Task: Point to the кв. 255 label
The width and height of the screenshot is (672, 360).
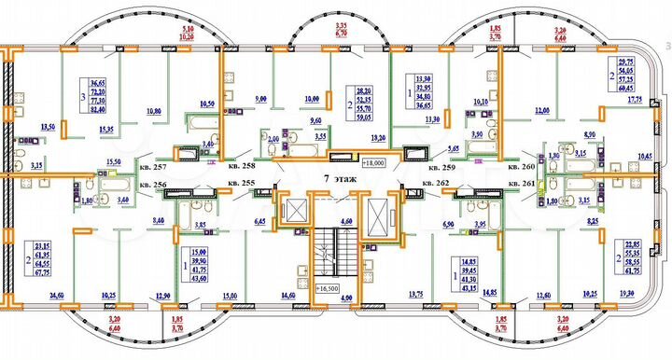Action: (240, 183)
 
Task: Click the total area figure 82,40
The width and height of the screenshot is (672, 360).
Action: (97, 109)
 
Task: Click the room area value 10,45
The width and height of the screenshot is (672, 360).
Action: (645, 156)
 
